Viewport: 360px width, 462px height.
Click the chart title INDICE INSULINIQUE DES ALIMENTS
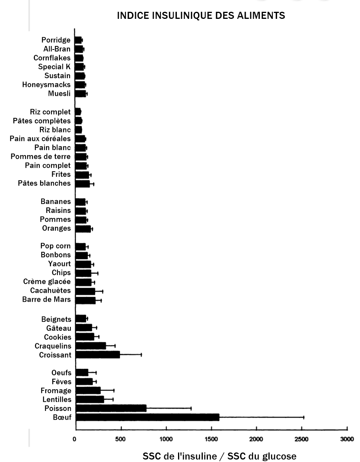coord(201,16)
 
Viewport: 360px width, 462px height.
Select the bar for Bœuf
coord(147,417)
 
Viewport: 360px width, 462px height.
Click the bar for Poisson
coord(111,409)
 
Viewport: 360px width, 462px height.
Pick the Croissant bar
coord(97,355)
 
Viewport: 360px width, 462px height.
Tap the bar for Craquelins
coord(91,346)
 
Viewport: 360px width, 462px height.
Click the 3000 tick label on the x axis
coord(347,439)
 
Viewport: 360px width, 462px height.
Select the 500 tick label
coord(121,439)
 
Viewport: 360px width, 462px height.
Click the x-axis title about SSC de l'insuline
coord(219,456)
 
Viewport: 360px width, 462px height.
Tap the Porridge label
coord(56,40)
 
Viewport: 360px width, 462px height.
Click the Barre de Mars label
coord(47,299)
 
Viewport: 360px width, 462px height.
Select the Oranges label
coord(56,228)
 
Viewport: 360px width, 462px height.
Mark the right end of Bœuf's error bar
coord(304,417)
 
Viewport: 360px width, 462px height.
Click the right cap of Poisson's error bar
coord(191,409)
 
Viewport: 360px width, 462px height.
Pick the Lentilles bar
coord(90,400)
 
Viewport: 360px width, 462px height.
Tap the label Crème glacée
coord(47,281)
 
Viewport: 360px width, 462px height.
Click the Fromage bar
coord(88,390)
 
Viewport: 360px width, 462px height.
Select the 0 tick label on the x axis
coord(75,439)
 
